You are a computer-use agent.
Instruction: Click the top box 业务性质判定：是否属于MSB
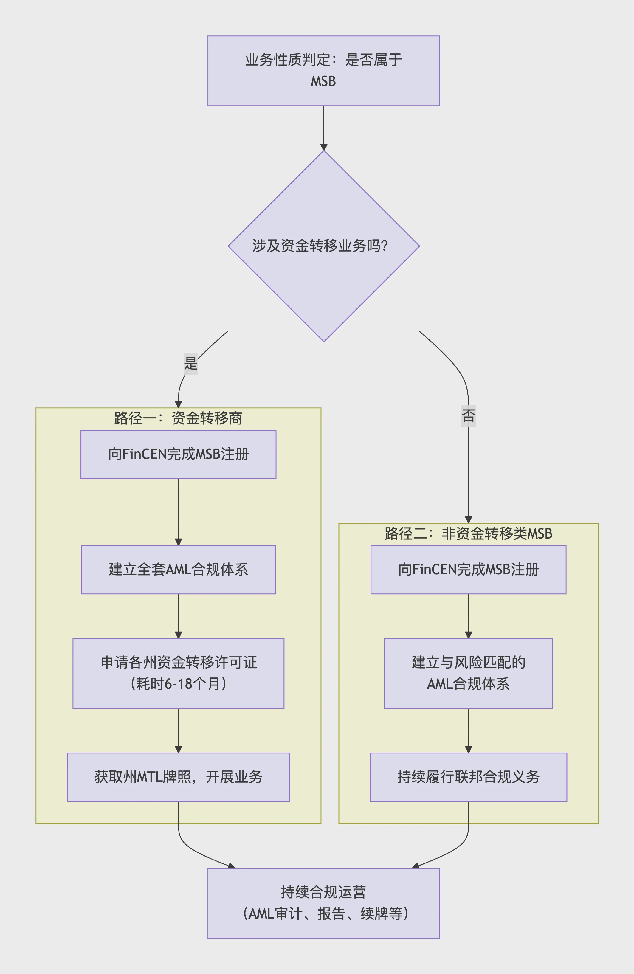point(323,70)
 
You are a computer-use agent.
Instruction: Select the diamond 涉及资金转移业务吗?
point(323,246)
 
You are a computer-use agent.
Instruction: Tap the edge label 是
point(191,363)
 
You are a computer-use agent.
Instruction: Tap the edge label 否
point(468,415)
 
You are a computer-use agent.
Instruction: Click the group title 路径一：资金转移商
point(178,418)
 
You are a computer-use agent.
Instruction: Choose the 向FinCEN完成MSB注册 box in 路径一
point(178,454)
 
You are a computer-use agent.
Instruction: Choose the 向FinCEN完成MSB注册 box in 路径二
point(468,569)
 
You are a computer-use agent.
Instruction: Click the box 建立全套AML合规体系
point(178,569)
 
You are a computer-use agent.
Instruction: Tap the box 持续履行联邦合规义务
point(468,777)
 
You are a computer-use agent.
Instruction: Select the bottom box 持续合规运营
point(323,903)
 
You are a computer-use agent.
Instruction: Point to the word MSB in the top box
point(323,81)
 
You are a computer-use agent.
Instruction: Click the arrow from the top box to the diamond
point(323,128)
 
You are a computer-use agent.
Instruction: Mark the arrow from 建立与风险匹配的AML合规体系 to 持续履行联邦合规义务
point(468,730)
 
